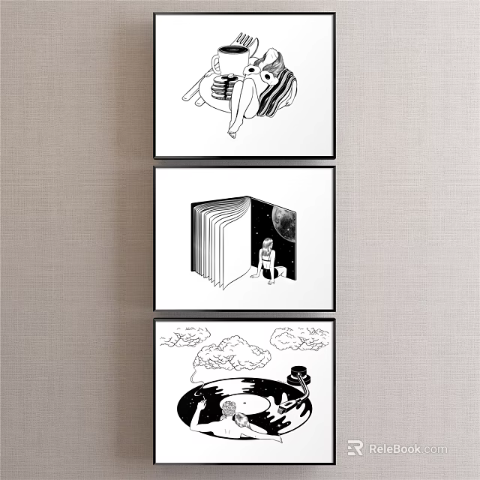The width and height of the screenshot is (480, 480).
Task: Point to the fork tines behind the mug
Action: click(244, 39)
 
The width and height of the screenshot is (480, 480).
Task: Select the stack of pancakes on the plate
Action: click(223, 88)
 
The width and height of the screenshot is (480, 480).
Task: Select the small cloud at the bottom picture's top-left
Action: click(182, 338)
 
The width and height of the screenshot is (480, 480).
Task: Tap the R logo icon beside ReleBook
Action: click(355, 448)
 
